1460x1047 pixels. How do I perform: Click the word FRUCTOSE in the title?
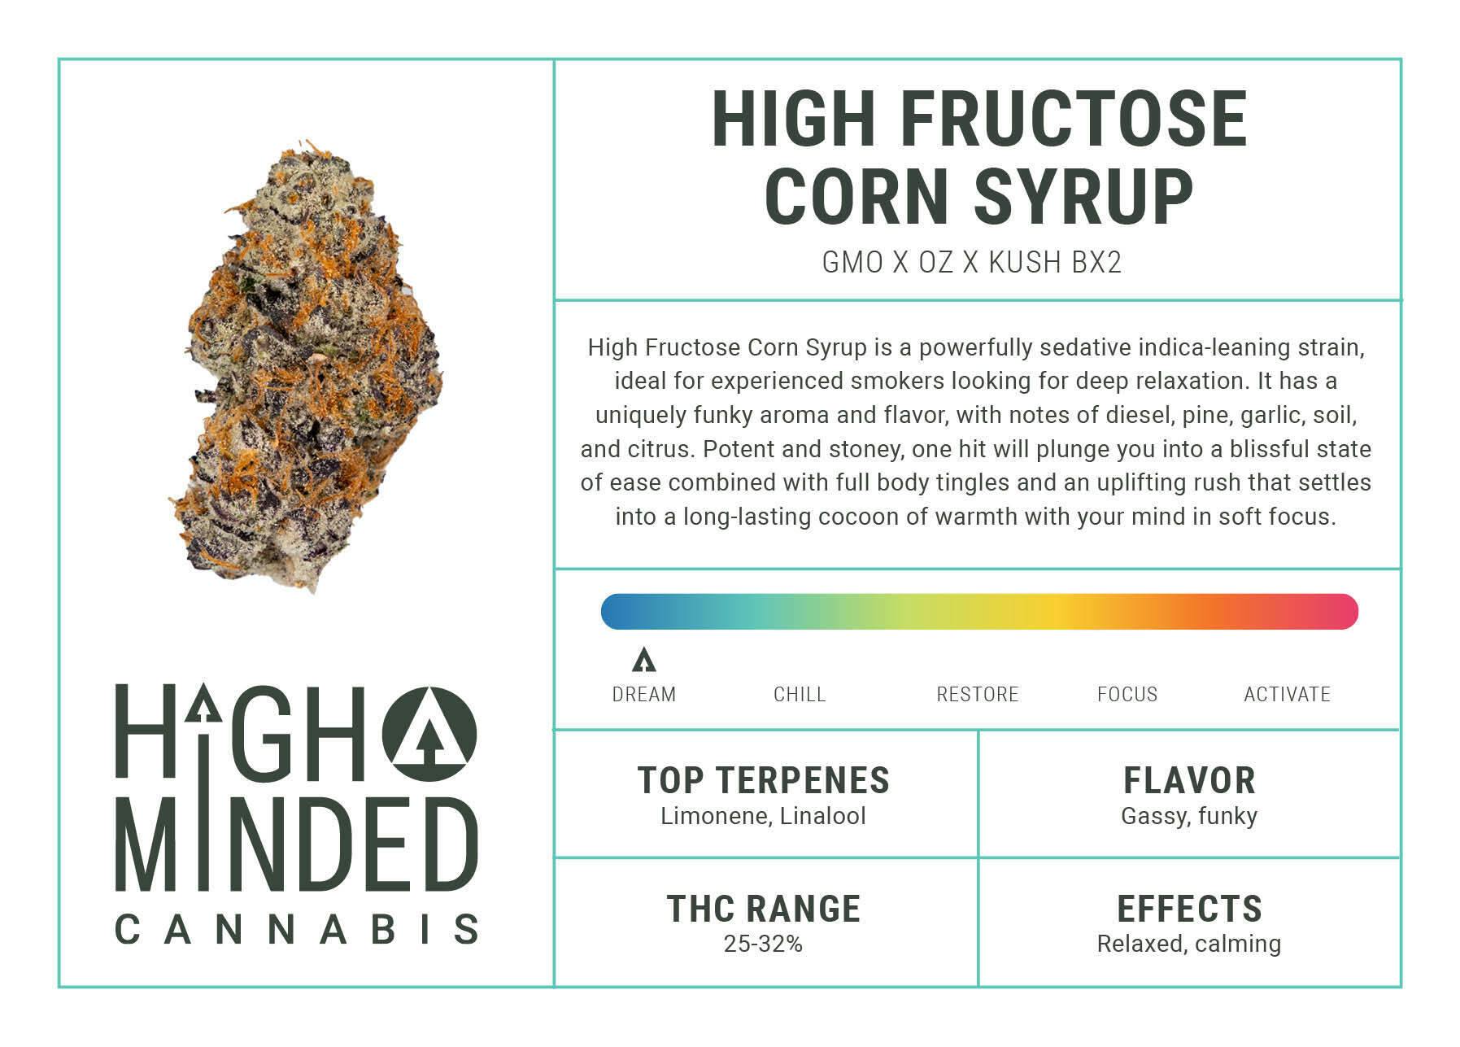tap(1074, 119)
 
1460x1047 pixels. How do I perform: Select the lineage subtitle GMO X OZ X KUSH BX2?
tap(972, 263)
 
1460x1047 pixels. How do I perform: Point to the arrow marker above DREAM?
tap(643, 660)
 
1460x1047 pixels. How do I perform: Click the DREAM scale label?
tap(644, 695)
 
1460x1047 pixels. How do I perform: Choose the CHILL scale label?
tap(800, 695)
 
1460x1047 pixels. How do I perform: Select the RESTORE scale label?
tap(978, 695)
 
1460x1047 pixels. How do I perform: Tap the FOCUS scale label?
tap(1127, 695)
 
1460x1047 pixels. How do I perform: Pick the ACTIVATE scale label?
tap(1288, 695)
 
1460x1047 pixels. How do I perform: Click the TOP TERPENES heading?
tap(764, 780)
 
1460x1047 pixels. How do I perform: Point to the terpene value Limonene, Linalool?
tap(763, 816)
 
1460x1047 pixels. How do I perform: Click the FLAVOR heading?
tap(1189, 780)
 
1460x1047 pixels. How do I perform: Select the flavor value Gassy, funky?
tap(1189, 817)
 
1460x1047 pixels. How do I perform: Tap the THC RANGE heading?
tap(764, 909)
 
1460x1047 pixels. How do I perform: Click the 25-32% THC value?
tap(763, 944)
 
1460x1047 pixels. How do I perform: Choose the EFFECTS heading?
tap(1189, 909)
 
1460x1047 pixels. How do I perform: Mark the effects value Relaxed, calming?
tap(1189, 944)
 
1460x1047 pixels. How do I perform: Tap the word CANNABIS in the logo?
tap(297, 929)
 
